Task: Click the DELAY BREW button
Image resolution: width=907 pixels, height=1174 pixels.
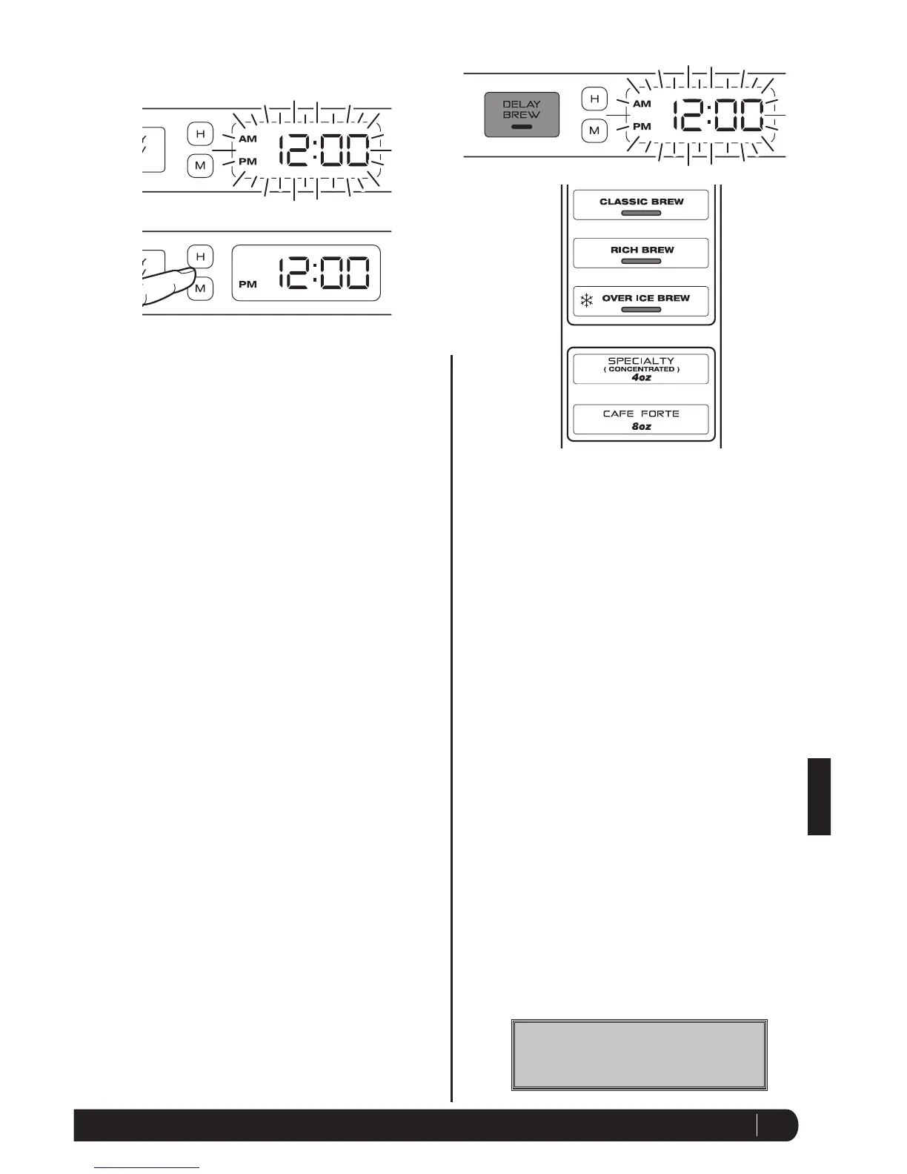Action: point(522,114)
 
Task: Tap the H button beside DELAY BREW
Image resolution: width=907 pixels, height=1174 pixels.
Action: point(594,99)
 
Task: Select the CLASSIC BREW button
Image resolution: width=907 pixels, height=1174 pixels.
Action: point(641,205)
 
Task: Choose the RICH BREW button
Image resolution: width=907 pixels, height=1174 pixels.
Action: point(641,253)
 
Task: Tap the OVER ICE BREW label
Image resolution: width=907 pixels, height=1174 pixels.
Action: point(645,298)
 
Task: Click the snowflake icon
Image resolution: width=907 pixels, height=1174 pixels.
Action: point(587,301)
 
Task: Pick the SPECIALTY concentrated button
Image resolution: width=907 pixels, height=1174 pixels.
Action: point(641,368)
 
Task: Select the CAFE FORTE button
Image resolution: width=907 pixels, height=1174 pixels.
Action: point(641,419)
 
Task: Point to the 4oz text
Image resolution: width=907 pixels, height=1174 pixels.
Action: point(641,378)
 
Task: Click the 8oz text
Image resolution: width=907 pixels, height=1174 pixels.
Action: point(641,427)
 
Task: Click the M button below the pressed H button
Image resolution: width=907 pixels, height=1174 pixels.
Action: point(200,288)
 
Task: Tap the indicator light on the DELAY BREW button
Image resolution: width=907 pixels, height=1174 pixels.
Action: point(522,127)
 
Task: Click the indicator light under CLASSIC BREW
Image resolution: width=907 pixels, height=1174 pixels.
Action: point(641,213)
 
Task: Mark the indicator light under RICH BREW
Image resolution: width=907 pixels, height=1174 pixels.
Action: point(641,262)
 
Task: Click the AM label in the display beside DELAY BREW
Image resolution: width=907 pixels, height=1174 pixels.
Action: point(642,104)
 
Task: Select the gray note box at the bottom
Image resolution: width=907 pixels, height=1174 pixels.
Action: point(639,1054)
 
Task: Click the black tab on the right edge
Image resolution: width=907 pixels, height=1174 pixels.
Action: point(819,796)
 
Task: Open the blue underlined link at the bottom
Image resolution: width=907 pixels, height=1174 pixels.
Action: point(147,1168)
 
